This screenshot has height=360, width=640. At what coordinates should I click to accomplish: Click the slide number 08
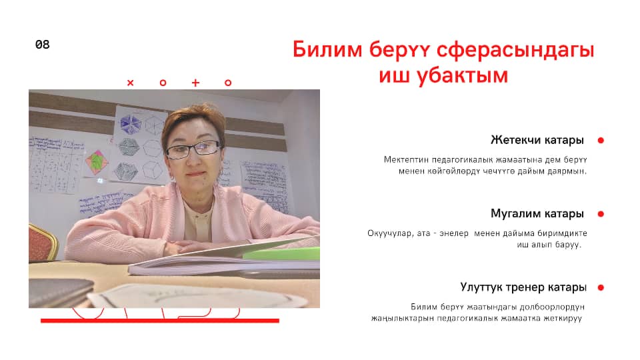(x=43, y=45)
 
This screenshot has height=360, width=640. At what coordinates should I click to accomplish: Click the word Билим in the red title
(x=327, y=49)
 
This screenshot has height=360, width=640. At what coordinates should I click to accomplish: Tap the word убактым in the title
(x=463, y=76)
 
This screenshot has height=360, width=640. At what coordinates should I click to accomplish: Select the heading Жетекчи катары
(x=537, y=140)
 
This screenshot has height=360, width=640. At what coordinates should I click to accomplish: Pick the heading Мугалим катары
(x=537, y=213)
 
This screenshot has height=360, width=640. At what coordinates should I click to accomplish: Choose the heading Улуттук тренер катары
(x=523, y=287)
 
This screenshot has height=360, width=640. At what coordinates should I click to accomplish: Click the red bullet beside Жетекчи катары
(x=601, y=141)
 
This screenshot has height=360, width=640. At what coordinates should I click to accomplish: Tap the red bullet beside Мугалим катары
(x=601, y=214)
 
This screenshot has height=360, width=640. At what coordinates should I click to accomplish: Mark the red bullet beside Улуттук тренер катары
(x=601, y=287)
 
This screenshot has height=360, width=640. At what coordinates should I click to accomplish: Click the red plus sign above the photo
(x=195, y=83)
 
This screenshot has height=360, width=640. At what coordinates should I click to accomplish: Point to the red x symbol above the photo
(x=131, y=83)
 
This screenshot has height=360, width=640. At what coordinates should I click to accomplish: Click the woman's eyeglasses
(x=193, y=149)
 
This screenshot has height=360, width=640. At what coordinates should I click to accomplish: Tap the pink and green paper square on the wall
(x=97, y=162)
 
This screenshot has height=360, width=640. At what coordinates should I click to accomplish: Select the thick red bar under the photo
(x=160, y=321)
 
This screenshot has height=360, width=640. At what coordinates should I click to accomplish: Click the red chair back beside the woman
(x=42, y=243)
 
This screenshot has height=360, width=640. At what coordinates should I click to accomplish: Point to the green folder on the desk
(x=281, y=253)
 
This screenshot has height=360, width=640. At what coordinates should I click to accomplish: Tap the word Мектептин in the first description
(x=406, y=159)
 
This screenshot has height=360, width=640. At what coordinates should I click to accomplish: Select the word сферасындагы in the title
(x=515, y=50)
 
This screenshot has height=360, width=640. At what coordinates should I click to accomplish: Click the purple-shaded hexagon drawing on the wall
(x=130, y=124)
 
